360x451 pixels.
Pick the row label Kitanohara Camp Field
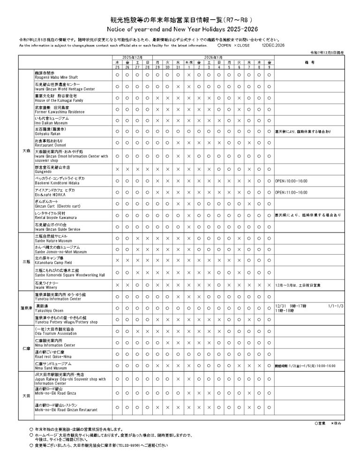52,261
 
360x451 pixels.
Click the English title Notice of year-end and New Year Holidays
180,29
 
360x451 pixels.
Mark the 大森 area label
26,151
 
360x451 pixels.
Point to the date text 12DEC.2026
273,46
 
